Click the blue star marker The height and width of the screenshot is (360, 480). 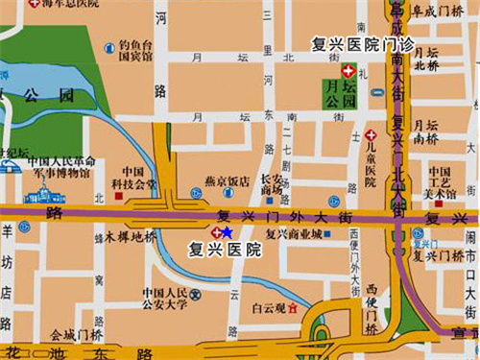click(x=227, y=232)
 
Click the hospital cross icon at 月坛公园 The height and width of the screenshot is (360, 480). click(x=348, y=72)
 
